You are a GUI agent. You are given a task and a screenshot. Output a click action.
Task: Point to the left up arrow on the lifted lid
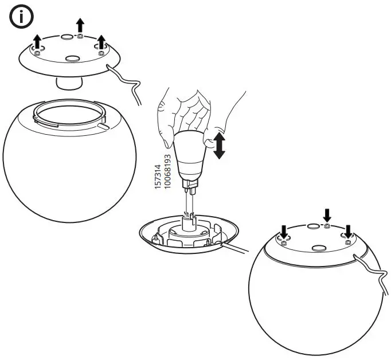click(38, 41)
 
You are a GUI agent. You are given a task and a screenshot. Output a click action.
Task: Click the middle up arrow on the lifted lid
click(80, 25)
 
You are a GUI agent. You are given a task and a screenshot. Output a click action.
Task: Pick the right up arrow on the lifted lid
click(101, 42)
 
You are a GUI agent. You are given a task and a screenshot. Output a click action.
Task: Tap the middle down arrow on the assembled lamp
click(327, 216)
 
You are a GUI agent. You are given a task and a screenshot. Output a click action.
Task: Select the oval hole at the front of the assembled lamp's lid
click(319, 248)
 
